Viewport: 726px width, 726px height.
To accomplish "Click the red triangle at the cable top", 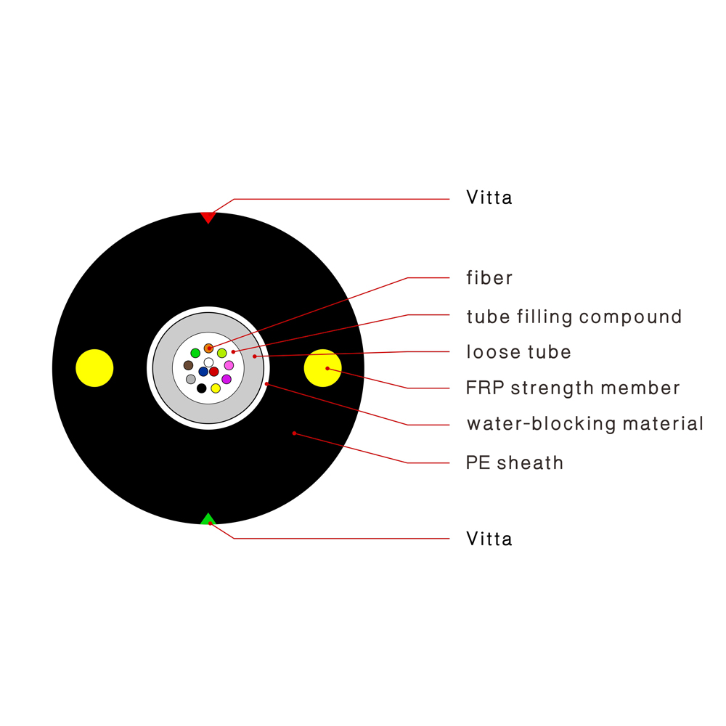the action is (x=208, y=217).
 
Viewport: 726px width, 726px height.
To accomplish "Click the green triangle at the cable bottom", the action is (x=208, y=520).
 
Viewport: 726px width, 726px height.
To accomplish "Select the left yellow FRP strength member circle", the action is (x=94, y=368).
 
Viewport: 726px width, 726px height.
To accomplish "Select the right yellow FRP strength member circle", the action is (x=323, y=368).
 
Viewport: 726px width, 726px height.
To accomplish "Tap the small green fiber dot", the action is (x=195, y=354).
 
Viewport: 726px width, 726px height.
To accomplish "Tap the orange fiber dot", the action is (x=209, y=348).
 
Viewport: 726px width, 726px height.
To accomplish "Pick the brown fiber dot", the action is (x=189, y=365).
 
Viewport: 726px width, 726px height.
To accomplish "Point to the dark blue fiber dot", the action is (x=203, y=371).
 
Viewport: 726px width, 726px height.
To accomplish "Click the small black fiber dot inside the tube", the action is (x=201, y=388).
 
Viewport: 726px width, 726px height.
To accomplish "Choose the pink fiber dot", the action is (x=229, y=365).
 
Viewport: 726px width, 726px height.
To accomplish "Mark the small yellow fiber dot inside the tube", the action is (x=216, y=388).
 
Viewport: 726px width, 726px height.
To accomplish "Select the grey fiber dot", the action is (x=191, y=379).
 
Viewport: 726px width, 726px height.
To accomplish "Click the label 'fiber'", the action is (x=489, y=278).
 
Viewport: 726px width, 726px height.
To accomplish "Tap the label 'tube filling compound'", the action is (x=574, y=317).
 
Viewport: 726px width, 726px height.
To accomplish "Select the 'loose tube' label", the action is (x=518, y=352).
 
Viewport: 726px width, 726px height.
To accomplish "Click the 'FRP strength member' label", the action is (x=573, y=388).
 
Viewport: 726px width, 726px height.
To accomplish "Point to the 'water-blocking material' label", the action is (x=585, y=424).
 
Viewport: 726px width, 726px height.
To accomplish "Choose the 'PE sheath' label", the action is (x=515, y=462).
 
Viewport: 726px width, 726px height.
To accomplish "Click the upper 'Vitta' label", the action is (x=489, y=197).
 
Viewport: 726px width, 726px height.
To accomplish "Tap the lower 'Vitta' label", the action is (x=489, y=539).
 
